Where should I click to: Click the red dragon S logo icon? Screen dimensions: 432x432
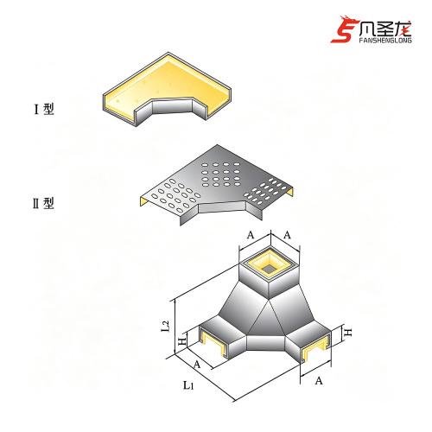(344, 29)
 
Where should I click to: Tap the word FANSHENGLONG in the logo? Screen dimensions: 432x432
(385, 40)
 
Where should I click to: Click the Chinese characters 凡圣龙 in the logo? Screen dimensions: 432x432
(385, 29)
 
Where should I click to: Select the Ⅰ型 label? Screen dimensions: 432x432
(44, 109)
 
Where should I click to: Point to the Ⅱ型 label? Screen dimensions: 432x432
(43, 203)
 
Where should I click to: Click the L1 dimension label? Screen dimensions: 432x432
(188, 384)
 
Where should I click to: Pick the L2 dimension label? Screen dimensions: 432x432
(166, 326)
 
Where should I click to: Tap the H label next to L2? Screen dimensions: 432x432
(182, 342)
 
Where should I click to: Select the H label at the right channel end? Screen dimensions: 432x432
(348, 333)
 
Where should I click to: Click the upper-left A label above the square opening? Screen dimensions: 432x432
(251, 235)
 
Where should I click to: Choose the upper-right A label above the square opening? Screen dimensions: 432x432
(287, 235)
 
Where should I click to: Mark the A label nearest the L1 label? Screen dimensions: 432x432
(197, 365)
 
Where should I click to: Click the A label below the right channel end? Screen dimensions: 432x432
(319, 381)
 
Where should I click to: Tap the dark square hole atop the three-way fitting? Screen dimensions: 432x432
(270, 269)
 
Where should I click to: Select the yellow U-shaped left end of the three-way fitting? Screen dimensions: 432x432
(212, 343)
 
